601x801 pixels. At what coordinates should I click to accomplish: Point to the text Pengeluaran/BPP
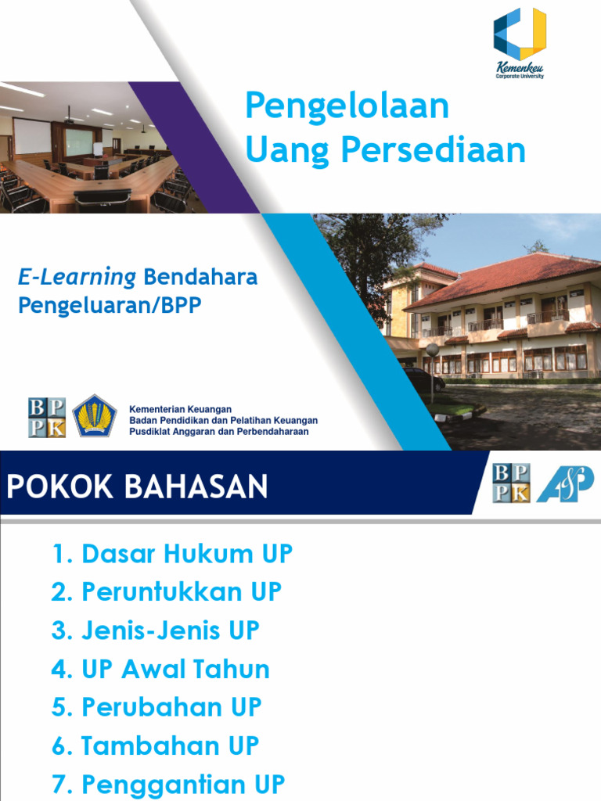coord(110,305)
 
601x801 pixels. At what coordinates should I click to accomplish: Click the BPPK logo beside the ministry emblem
coord(47,417)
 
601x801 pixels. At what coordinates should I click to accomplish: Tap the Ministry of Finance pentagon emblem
coord(95,416)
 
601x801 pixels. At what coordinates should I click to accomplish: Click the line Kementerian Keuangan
coord(181,408)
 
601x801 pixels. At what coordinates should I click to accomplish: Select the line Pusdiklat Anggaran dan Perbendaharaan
coord(218,431)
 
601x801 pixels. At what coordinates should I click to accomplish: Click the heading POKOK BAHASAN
coord(138,487)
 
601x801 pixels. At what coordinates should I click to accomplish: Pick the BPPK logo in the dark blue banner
coord(511,482)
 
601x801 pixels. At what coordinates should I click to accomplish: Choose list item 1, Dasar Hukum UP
coord(171,554)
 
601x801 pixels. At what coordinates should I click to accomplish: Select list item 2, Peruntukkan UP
coord(166,592)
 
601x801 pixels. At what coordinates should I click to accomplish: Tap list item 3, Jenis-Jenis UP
coord(155,630)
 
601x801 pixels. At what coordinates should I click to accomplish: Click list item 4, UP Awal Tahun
coord(160,669)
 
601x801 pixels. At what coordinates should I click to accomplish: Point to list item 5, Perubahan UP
coord(157,707)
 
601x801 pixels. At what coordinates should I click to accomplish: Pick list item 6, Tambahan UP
coord(155,745)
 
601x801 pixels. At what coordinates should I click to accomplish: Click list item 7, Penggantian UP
coord(168,784)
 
